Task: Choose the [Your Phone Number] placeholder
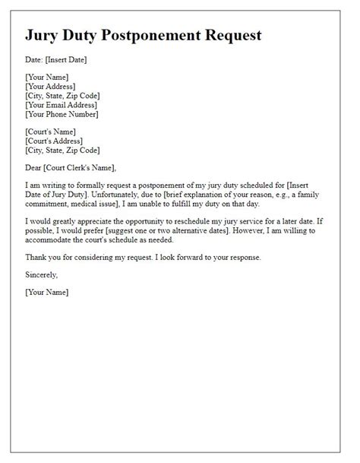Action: click(x=61, y=114)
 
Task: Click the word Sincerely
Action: click(x=41, y=274)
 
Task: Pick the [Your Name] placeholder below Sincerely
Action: click(x=46, y=292)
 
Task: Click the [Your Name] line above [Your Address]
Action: click(x=46, y=78)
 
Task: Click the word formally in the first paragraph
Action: click(x=87, y=185)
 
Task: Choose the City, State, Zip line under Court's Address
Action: click(x=62, y=150)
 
